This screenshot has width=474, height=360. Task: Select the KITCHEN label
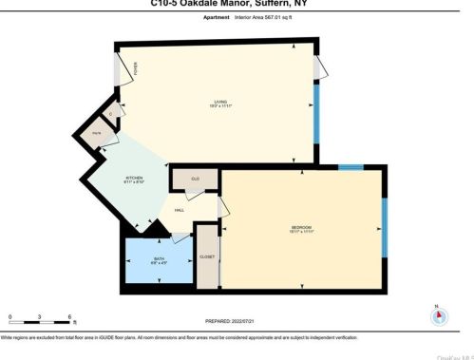pos(135,178)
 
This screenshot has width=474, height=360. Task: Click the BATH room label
pos(159,258)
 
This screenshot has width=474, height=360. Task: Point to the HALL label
pos(178,211)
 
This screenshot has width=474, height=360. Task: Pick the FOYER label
pos(136,68)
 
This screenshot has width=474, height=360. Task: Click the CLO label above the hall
pos(195,178)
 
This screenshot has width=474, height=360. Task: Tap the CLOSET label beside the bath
pos(206,257)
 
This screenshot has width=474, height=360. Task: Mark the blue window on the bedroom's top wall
pos(351,168)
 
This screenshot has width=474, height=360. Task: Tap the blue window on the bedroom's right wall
pos(385,226)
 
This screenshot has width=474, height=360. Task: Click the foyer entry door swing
pos(121,68)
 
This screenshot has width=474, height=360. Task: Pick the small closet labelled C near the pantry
pos(111,115)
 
